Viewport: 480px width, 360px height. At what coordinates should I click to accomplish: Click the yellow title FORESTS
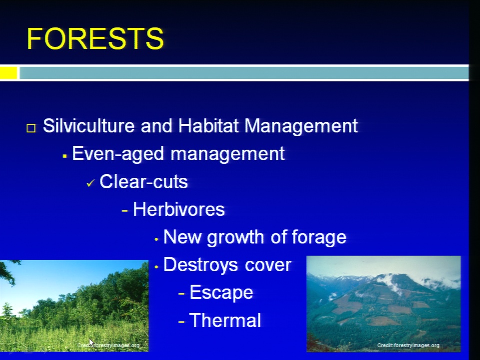(95, 38)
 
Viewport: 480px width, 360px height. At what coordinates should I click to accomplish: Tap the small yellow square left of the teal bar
(8, 73)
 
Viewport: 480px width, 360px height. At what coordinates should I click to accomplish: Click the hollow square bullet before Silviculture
(31, 128)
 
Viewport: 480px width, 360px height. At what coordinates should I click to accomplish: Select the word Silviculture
(89, 126)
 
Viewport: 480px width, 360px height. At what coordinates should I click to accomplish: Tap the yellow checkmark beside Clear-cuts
(91, 183)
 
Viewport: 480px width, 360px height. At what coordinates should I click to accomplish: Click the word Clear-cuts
(144, 182)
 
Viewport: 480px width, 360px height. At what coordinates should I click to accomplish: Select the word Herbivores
(179, 209)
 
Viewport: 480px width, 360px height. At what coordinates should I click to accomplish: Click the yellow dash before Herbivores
(125, 210)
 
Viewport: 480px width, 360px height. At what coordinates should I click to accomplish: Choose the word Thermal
(225, 320)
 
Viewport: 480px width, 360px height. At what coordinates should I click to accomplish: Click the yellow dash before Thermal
(182, 321)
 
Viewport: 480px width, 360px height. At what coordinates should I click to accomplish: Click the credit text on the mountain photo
(408, 345)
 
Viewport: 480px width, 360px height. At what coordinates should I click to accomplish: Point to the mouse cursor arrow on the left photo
(91, 343)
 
